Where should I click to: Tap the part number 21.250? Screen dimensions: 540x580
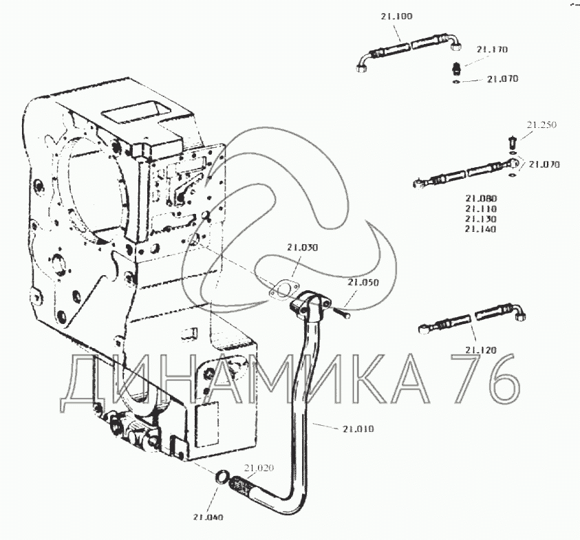click(x=541, y=125)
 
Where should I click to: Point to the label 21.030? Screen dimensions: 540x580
click(x=303, y=247)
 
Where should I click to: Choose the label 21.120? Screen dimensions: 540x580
click(x=480, y=350)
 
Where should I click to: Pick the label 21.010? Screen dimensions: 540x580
click(x=358, y=429)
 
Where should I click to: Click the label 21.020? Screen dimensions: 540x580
click(x=260, y=468)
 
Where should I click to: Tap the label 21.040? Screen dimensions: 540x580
click(x=208, y=517)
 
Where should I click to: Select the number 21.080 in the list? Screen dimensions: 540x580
click(x=480, y=199)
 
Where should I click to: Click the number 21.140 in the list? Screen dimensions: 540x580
click(x=480, y=229)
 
